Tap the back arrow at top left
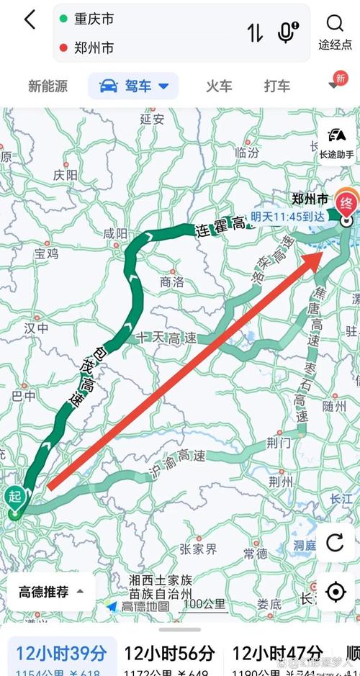[30, 20]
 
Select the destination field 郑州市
[94, 48]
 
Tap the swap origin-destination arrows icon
[255, 32]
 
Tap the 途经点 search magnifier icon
[335, 24]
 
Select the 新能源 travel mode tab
[48, 86]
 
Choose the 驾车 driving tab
[134, 86]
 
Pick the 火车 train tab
[219, 86]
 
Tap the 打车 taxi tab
[276, 86]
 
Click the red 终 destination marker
[347, 203]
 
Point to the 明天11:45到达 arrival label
[287, 216]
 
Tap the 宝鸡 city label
[46, 253]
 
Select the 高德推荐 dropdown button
[50, 592]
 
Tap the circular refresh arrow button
[335, 542]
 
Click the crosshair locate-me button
[335, 592]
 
